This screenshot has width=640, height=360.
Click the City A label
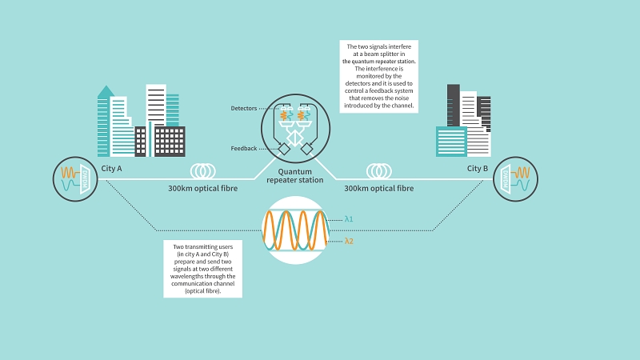(x=112, y=169)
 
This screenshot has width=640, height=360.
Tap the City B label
(x=478, y=169)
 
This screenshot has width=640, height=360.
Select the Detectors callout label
(x=244, y=108)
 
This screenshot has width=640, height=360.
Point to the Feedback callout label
(x=243, y=148)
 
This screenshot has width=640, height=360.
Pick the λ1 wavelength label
(x=349, y=218)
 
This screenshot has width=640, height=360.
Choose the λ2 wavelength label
(x=349, y=241)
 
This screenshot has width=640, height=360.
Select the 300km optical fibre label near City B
(x=379, y=189)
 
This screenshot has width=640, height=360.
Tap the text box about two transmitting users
(x=203, y=269)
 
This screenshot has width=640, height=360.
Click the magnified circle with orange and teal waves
(x=295, y=230)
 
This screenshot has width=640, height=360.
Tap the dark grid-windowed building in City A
(x=169, y=141)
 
